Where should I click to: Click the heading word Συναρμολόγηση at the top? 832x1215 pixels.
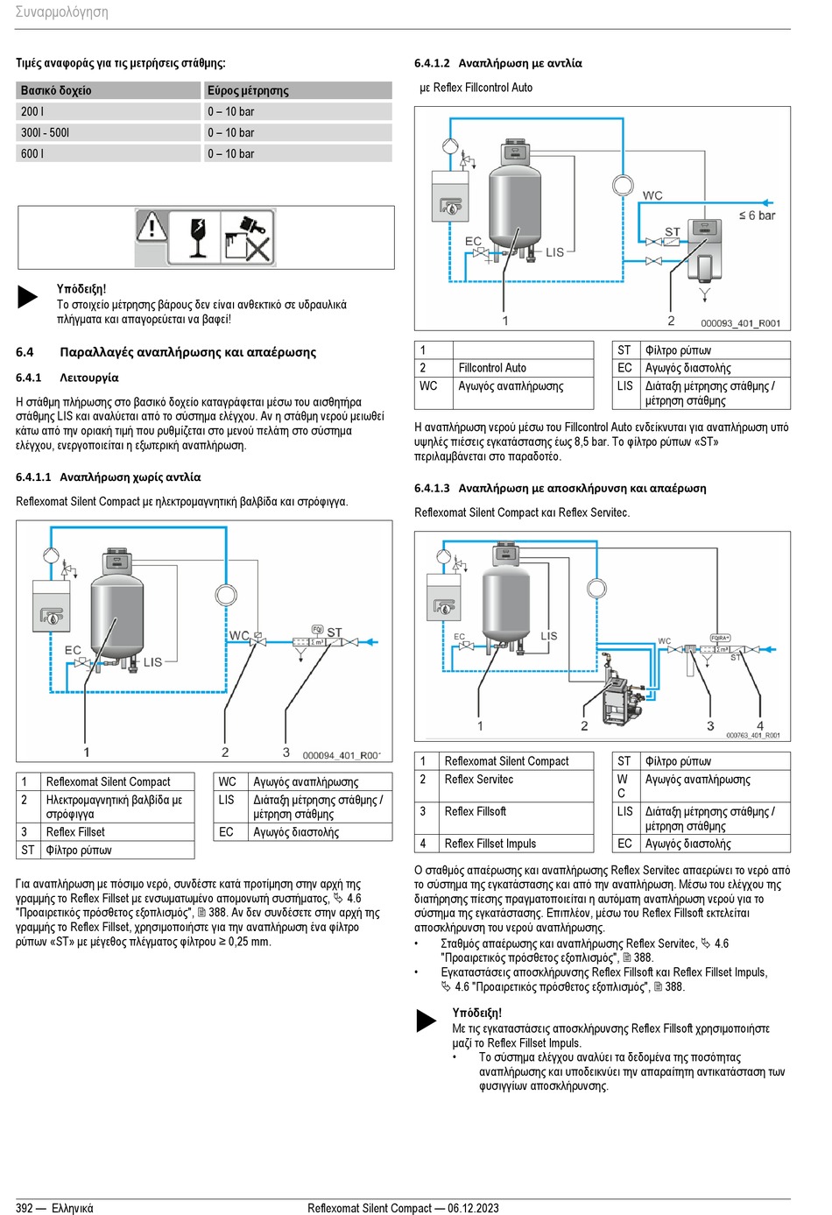tap(61, 12)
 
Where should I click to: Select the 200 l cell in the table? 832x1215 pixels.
tap(32, 111)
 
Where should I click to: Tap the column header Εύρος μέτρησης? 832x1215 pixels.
tap(248, 90)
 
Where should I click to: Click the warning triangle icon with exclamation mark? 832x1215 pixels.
tap(152, 228)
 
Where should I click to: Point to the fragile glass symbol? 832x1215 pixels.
tap(201, 237)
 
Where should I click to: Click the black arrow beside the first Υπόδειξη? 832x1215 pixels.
tap(28, 296)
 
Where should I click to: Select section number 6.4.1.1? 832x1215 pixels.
tap(33, 477)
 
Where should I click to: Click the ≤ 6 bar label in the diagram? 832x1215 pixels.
tap(757, 215)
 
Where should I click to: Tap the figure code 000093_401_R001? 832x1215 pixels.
tap(740, 323)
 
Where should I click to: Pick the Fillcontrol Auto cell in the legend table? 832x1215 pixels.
tap(492, 368)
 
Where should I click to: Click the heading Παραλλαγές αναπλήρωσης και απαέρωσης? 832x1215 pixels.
tap(187, 352)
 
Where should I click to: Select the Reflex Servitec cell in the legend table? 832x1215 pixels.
tap(479, 780)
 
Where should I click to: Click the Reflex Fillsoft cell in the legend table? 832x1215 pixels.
tap(476, 812)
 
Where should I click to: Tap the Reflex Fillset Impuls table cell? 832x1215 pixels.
tap(490, 844)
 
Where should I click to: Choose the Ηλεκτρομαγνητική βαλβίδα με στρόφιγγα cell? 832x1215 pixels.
tap(114, 807)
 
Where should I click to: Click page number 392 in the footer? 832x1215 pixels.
tap(25, 1208)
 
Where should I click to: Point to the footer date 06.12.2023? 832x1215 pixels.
tap(473, 1208)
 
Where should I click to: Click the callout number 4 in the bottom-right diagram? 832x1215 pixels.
tap(760, 726)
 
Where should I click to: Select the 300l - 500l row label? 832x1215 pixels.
tap(45, 132)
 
